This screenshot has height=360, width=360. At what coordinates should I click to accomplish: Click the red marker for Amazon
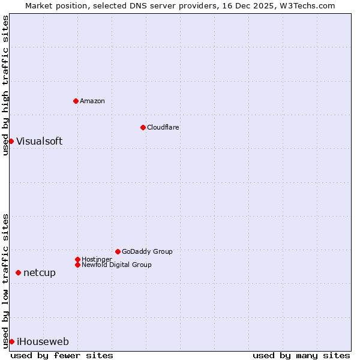tap(76, 101)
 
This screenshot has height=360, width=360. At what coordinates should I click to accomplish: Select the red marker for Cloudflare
tap(143, 127)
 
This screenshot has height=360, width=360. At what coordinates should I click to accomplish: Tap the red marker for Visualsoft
tap(11, 141)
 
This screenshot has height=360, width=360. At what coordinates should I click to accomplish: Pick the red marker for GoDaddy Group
tap(118, 251)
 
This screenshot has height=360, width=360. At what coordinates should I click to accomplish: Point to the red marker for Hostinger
tap(77, 259)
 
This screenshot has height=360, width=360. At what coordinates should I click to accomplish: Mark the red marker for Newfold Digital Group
tap(77, 265)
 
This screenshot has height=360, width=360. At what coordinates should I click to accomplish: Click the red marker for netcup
tap(18, 272)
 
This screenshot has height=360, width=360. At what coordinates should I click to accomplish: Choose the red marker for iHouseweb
tap(11, 341)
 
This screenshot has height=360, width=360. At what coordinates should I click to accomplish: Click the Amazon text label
tap(92, 101)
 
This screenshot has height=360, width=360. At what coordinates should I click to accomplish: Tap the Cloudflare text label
tap(163, 127)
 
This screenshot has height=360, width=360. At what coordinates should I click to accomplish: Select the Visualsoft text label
tap(39, 141)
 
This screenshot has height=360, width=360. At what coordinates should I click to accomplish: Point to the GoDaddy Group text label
tap(147, 251)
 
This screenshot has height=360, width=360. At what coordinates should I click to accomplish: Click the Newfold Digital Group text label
tap(116, 265)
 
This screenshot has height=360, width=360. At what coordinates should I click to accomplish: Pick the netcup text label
tap(40, 272)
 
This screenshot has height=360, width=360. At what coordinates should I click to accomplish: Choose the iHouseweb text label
tap(43, 341)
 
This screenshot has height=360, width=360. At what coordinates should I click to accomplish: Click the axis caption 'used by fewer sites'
tap(62, 355)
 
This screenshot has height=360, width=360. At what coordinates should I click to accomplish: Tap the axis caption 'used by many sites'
tap(301, 355)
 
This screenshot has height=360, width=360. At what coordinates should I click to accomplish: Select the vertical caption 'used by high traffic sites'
tap(5, 85)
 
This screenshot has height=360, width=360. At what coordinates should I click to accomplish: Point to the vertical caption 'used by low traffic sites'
tap(5, 281)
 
